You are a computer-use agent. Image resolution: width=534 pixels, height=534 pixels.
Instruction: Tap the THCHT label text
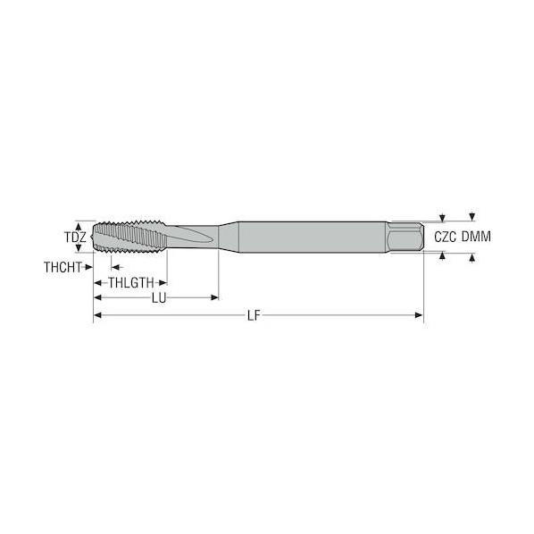coord(63,267)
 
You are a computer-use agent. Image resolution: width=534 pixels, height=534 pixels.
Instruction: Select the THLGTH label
coord(131,283)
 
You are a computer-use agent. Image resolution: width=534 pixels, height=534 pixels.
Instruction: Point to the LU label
coord(159,298)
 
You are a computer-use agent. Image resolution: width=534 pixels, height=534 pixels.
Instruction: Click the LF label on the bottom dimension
coord(254,316)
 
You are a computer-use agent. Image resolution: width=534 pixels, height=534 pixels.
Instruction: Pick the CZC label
coord(445,237)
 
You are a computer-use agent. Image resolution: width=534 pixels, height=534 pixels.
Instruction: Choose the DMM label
coord(476,237)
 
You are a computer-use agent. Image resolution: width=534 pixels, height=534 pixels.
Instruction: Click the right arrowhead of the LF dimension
coord(419,315)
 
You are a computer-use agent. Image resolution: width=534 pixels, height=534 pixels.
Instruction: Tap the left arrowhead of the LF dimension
coord(97,315)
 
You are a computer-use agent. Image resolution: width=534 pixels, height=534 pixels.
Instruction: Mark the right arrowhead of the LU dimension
coord(214,297)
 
